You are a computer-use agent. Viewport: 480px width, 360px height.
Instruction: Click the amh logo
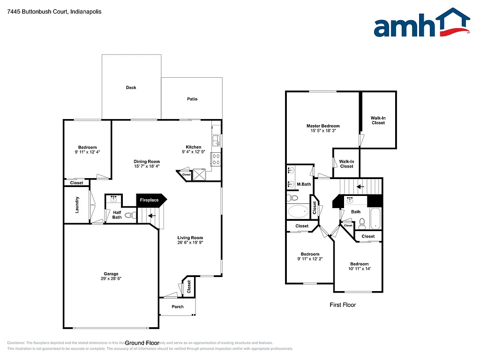coord(421,24)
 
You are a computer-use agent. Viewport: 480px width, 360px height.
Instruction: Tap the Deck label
coord(131,88)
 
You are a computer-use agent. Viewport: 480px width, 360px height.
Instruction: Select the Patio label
coord(192,99)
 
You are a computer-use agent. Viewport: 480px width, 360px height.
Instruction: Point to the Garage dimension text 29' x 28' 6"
coord(111,278)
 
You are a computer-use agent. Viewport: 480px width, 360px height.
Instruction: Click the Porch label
coord(178,307)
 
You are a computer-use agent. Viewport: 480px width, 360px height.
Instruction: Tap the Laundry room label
coord(77,205)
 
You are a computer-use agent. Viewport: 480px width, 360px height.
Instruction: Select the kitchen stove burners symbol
coord(216,159)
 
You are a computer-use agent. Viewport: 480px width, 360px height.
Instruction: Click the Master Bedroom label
coord(323,126)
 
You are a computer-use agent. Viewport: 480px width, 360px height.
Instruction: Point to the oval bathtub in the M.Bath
coord(298,211)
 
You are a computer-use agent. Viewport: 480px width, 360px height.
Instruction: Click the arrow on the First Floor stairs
coord(360,187)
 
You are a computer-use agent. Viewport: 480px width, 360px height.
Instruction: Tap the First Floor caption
coord(343,305)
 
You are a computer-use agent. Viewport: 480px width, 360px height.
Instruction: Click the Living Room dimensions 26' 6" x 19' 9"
coord(190,243)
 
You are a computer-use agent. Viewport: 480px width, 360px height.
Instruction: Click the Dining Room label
coord(147,161)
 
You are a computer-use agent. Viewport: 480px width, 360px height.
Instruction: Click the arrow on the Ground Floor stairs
coord(152,216)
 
